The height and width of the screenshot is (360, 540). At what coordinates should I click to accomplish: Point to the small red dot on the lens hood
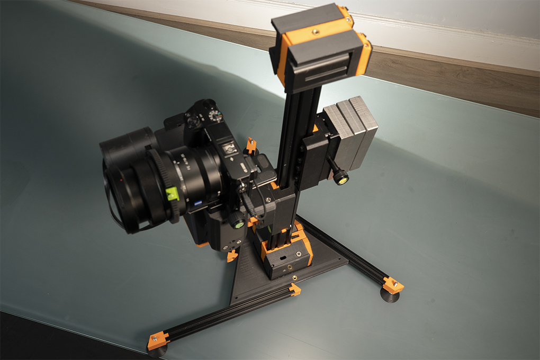point(123,180)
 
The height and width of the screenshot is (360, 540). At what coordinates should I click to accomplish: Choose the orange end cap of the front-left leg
point(157,340)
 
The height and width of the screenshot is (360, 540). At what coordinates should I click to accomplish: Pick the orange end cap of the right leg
point(392,285)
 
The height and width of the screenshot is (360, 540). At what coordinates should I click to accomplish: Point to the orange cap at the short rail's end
point(295,289)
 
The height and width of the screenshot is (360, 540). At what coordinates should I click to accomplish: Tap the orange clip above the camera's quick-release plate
point(251,145)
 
